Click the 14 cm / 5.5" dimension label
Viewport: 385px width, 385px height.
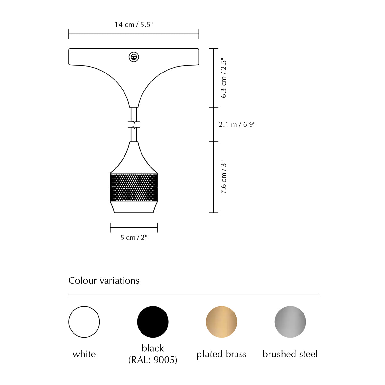coord(134,25)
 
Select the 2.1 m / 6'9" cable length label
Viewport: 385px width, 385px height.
coord(237,124)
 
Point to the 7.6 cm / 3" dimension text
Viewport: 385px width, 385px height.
coord(223,177)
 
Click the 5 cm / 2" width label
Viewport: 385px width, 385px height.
coord(134,237)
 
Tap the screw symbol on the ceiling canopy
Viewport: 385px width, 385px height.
coord(134,57)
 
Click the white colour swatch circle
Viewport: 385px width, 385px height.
coord(84,322)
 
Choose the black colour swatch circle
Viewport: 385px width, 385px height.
coord(153,322)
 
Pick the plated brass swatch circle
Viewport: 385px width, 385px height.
coord(222,322)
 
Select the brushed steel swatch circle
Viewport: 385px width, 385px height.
coord(290,322)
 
